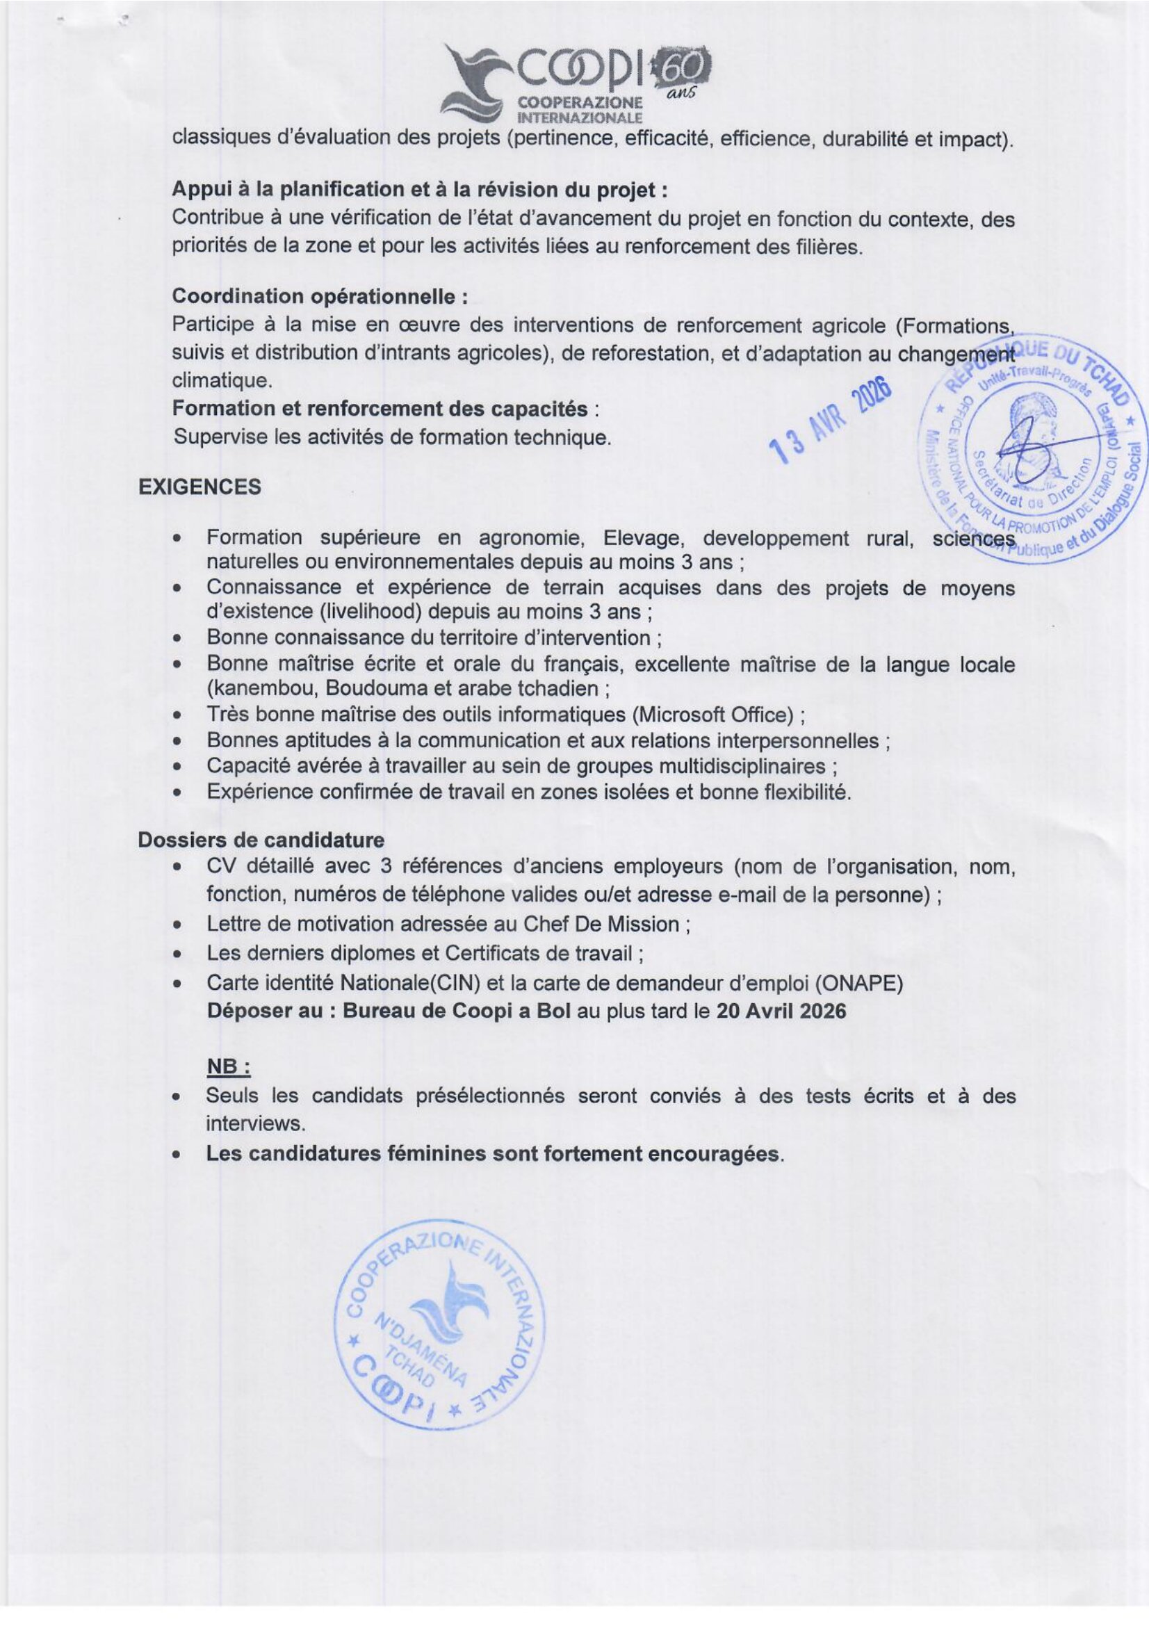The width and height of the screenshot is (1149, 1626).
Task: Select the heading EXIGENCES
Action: [x=199, y=487]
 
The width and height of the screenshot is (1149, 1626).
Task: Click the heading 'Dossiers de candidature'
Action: [x=261, y=840]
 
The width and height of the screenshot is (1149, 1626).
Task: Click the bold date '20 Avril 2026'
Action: [x=781, y=1011]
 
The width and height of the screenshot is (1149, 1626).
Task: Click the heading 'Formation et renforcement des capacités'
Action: [x=380, y=409]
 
